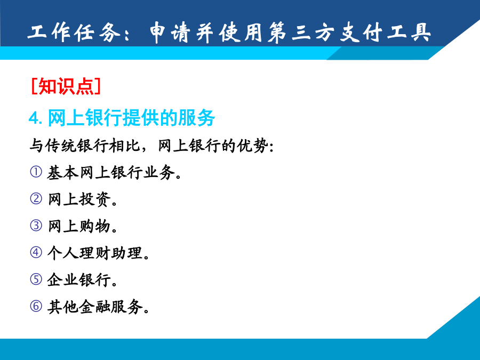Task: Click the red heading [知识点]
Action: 66,86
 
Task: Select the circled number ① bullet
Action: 36,172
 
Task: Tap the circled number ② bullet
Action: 36,199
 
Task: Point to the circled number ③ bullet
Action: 36,226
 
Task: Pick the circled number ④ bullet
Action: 36,253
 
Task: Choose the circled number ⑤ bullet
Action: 36,279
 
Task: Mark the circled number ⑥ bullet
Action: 36,306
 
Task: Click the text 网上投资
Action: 79,199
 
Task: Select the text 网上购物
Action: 79,226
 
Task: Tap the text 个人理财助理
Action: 95,253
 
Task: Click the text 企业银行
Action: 79,280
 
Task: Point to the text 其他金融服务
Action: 95,307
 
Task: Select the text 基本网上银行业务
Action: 111,172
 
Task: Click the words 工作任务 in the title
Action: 74,32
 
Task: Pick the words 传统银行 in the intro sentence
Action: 76,146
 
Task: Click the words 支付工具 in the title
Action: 386,32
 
